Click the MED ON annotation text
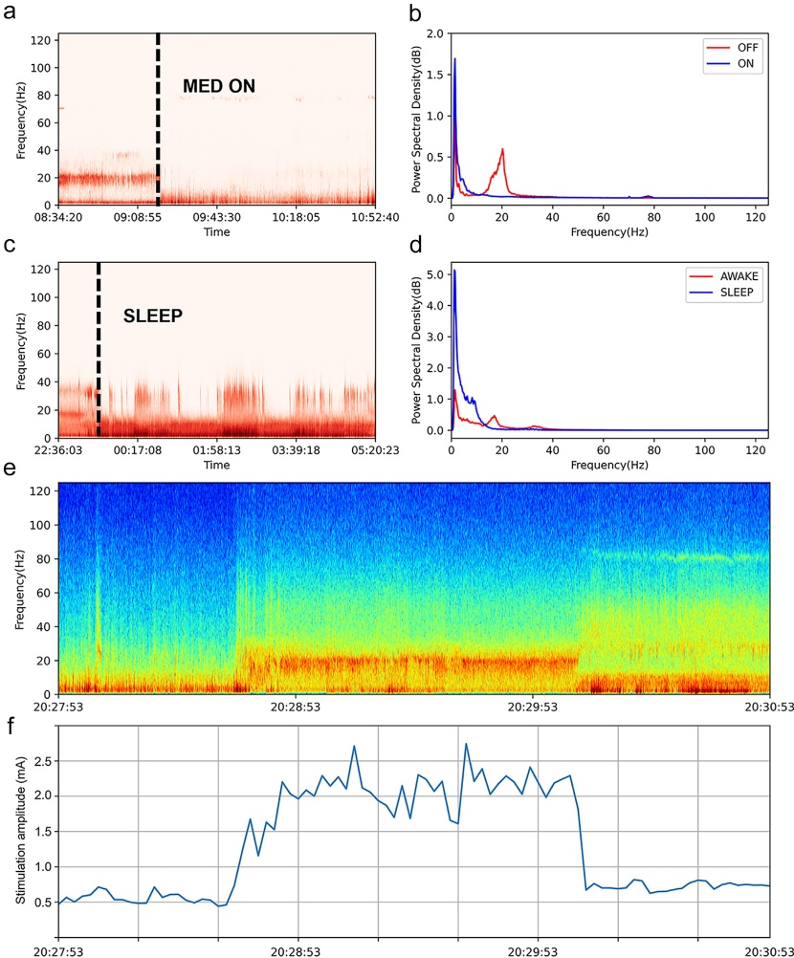click(219, 87)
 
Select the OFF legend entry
click(747, 45)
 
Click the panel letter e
click(10, 471)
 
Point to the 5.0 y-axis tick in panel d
click(435, 275)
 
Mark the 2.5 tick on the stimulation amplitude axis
click(41, 760)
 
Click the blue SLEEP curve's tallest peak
click(454, 271)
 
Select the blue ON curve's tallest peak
click(454, 59)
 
